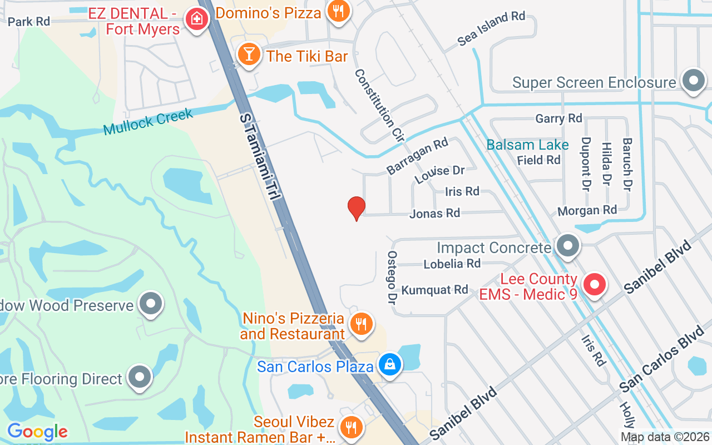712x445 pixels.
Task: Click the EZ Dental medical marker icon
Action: tap(196, 20)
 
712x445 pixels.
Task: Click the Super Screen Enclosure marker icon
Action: tap(693, 81)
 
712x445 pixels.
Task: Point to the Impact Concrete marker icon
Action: tap(568, 246)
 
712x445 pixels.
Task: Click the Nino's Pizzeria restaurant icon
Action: tap(361, 323)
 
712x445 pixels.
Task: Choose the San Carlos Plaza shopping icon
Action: tap(390, 365)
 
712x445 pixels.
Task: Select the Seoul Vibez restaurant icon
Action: tap(350, 427)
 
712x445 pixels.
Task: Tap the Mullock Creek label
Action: tap(148, 122)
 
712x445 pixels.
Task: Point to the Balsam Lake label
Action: tap(527, 145)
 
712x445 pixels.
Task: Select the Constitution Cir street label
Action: tap(378, 106)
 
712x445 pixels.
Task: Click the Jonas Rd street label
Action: tap(434, 213)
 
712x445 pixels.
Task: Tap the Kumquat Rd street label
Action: tap(434, 290)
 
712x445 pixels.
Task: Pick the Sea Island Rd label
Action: tap(491, 28)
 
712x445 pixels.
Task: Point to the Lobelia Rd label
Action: tap(452, 263)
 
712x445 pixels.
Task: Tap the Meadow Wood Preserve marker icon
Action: tap(150, 304)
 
